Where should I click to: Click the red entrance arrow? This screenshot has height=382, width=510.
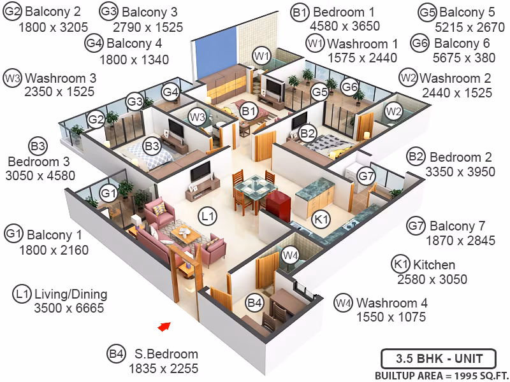[164, 326]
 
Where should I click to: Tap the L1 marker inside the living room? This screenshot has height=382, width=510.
[207, 216]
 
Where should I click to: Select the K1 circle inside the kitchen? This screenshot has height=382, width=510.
[321, 220]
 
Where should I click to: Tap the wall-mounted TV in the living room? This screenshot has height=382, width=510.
[200, 171]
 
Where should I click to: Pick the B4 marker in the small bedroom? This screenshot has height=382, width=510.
[254, 303]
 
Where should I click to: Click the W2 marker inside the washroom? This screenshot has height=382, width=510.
[393, 111]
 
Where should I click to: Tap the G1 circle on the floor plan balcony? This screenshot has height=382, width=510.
[108, 194]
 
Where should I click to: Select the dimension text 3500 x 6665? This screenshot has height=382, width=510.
[69, 308]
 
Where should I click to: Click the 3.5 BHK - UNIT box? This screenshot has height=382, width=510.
[439, 359]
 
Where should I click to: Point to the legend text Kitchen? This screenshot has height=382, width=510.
[434, 265]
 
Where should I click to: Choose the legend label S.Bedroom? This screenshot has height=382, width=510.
[166, 354]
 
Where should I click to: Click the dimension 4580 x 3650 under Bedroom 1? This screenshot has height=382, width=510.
[345, 25]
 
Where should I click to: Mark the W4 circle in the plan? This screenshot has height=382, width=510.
[290, 256]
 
